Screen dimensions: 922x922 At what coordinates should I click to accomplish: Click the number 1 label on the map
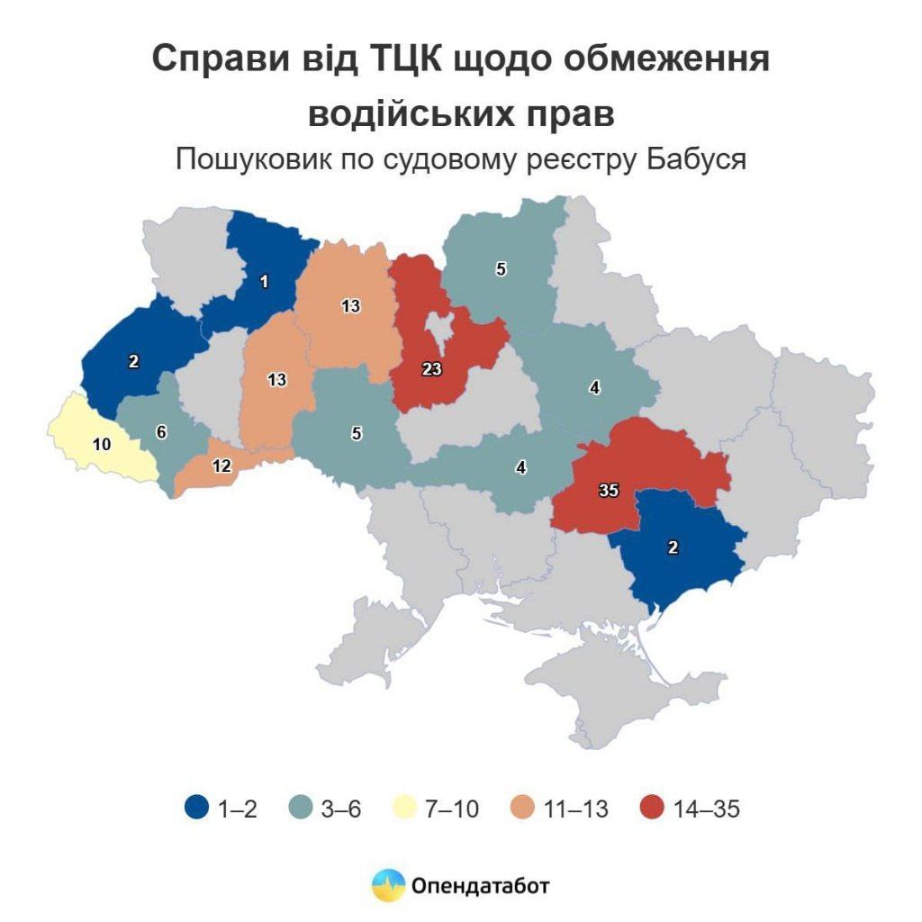[264, 282]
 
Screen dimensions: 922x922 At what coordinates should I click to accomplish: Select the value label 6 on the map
[161, 432]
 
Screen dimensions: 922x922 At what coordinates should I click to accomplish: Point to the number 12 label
[221, 465]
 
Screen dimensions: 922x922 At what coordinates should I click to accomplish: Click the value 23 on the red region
[430, 368]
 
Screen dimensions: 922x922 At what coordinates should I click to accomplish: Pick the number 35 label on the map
[609, 492]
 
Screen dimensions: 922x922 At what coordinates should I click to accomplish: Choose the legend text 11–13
[576, 809]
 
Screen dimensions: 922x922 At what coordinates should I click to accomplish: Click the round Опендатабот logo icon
[389, 886]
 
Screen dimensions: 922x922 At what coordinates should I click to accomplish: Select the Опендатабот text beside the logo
[481, 886]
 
